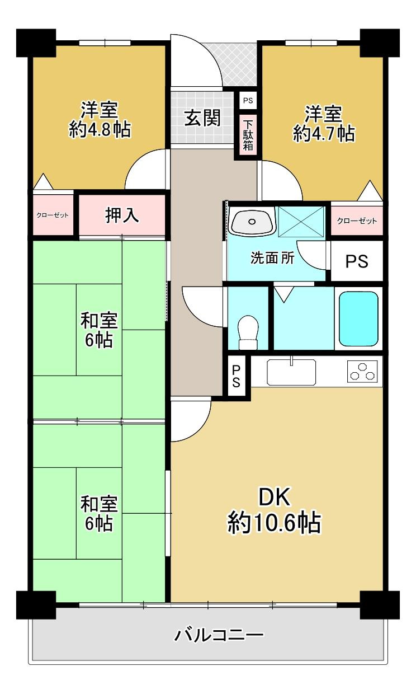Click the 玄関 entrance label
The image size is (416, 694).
coord(202,118)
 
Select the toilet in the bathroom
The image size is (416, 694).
coord(248,332)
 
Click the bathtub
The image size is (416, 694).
coord(358,319)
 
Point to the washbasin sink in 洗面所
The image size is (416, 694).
coord(252,221)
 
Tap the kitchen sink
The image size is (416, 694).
coord(291,372)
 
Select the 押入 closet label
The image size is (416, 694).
coord(122,215)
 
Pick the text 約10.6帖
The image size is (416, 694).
coord(274,523)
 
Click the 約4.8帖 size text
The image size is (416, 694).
coord(100,129)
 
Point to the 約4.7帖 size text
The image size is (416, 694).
coord(324,134)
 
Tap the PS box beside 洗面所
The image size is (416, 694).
coord(357,261)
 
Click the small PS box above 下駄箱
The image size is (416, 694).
coord(248,100)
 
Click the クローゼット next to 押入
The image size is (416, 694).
coord(53,215)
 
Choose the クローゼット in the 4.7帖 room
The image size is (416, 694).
coord(357,221)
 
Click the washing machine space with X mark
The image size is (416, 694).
coord(301,222)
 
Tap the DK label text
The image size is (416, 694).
coord(274,496)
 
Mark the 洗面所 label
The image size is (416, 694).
coord(272,258)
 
